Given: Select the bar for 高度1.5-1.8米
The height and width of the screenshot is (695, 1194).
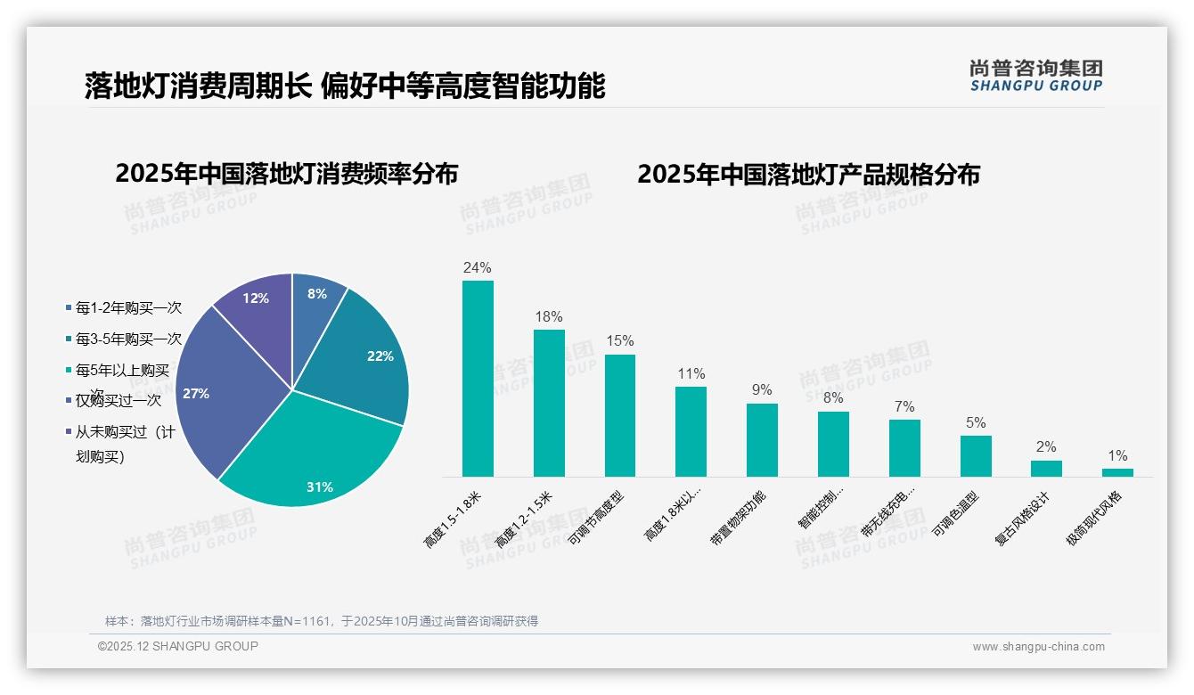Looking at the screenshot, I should pyautogui.click(x=478, y=379).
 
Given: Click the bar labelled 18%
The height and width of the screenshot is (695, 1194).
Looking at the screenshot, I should pyautogui.click(x=549, y=403).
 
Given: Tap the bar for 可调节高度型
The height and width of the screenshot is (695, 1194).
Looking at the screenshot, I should pyautogui.click(x=620, y=415).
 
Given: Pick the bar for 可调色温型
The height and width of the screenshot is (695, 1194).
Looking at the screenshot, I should pyautogui.click(x=976, y=456).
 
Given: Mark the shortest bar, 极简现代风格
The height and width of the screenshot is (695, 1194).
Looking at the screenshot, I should pyautogui.click(x=1117, y=472).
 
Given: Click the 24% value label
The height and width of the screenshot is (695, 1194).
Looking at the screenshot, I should pyautogui.click(x=478, y=267).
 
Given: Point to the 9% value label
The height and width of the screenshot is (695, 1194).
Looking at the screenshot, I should pyautogui.click(x=762, y=390).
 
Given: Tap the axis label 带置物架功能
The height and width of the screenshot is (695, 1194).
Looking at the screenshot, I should pyautogui.click(x=737, y=519).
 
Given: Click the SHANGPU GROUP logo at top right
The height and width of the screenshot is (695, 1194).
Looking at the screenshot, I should pyautogui.click(x=1035, y=76).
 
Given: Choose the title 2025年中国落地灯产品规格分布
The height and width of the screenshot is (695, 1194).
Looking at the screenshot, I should pyautogui.click(x=808, y=174).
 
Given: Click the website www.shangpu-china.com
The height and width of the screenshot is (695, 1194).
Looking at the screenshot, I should pyautogui.click(x=1038, y=647).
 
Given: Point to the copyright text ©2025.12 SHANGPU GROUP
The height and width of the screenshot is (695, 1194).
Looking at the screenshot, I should pyautogui.click(x=178, y=646).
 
